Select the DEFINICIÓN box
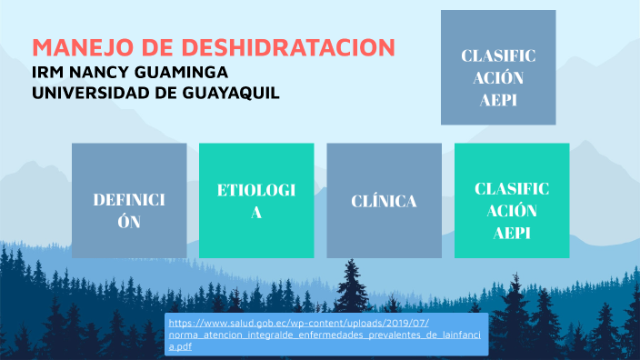tap(129, 199)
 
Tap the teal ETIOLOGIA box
tap(256, 199)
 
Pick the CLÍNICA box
tap(384, 199)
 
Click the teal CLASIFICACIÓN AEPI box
tap(512, 199)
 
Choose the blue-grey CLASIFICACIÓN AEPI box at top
tap(498, 67)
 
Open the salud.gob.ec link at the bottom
tap(328, 335)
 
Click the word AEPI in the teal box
tap(512, 233)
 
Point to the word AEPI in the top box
tap(498, 101)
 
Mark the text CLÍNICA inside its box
tap(384, 201)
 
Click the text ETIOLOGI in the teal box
tap(256, 190)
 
